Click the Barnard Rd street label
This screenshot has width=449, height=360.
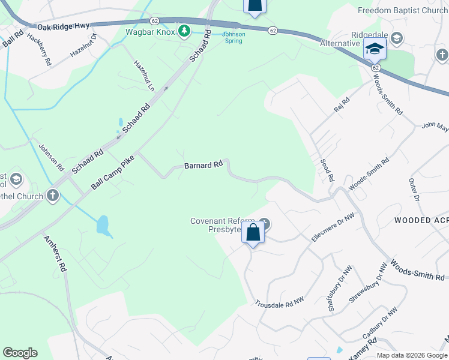coord(203,164)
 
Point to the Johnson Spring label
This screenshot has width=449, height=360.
coord(234,37)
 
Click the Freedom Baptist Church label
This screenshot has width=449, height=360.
coord(402,10)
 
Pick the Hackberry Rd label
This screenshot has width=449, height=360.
coord(44,53)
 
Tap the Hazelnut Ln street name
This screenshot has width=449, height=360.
coord(144,75)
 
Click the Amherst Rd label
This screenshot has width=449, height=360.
coord(55,254)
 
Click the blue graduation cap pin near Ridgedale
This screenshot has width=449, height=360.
coord(374,49)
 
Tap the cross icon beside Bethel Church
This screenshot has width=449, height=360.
coord(53,196)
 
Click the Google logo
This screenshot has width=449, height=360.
coord(20,353)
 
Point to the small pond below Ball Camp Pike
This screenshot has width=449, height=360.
coord(103,226)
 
